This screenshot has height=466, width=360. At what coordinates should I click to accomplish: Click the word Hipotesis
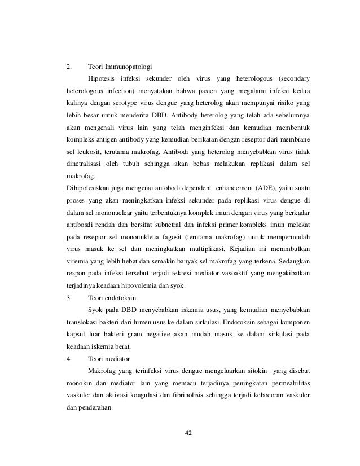(103, 77)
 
